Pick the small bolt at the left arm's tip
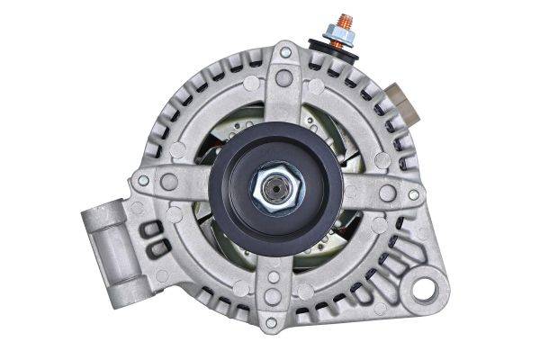[142, 180]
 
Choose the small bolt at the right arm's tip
[413, 193]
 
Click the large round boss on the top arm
[283, 78]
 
